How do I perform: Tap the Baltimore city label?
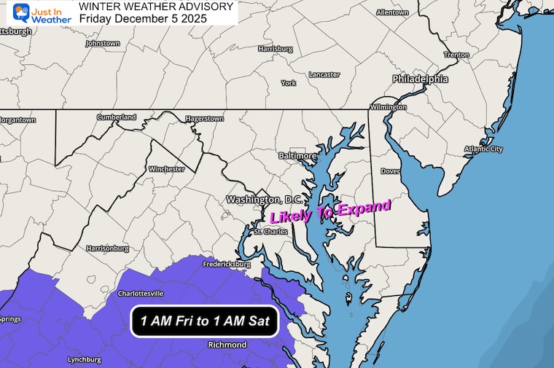coord(298,156)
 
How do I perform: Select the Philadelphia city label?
coord(420,79)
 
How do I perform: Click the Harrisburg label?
coord(276,49)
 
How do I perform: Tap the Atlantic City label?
coord(484,149)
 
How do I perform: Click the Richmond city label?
coord(228,345)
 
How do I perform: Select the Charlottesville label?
coord(141,294)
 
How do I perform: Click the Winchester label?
coord(166,169)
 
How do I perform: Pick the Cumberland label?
coord(117,117)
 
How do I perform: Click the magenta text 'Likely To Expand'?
coord(331,212)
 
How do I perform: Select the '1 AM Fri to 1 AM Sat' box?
coord(205,321)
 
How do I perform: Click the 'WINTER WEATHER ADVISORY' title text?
coord(156,7)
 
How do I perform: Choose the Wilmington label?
coord(389,107)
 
